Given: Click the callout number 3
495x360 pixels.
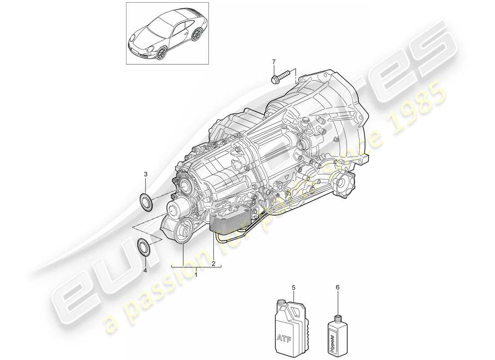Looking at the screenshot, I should [145, 174].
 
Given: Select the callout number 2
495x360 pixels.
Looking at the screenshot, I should [213, 263].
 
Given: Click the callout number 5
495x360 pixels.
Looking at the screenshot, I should [293, 286].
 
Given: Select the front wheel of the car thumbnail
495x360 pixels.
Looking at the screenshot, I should [161, 53].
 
